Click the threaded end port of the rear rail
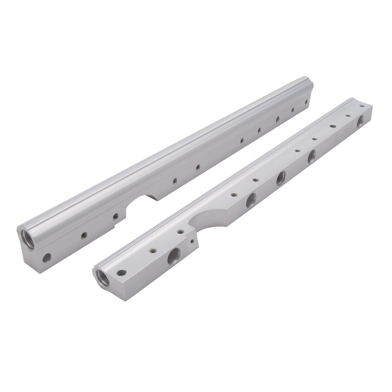(28, 235)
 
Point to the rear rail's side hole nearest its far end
(306, 102)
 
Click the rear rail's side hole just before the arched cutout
(116, 216)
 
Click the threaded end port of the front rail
(102, 277)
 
